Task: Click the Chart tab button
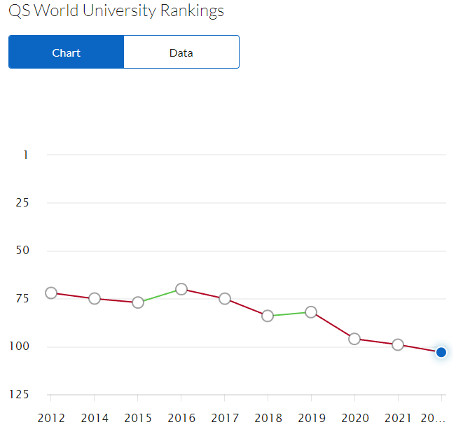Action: (x=66, y=52)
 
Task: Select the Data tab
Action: (x=181, y=52)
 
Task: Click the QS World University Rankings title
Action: (x=116, y=11)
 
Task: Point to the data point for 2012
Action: (x=51, y=293)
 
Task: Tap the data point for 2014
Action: (x=95, y=299)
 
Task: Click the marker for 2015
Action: (x=138, y=302)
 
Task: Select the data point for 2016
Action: (x=181, y=289)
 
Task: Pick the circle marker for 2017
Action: (x=225, y=299)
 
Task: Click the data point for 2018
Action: (x=268, y=316)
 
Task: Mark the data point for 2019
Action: (x=311, y=311)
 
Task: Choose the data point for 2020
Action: (x=354, y=339)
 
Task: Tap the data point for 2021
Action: (x=398, y=344)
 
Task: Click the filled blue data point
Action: (x=441, y=352)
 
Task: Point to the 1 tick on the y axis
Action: (x=26, y=155)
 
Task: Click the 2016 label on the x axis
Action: (x=181, y=419)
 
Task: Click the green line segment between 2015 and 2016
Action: (x=160, y=296)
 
